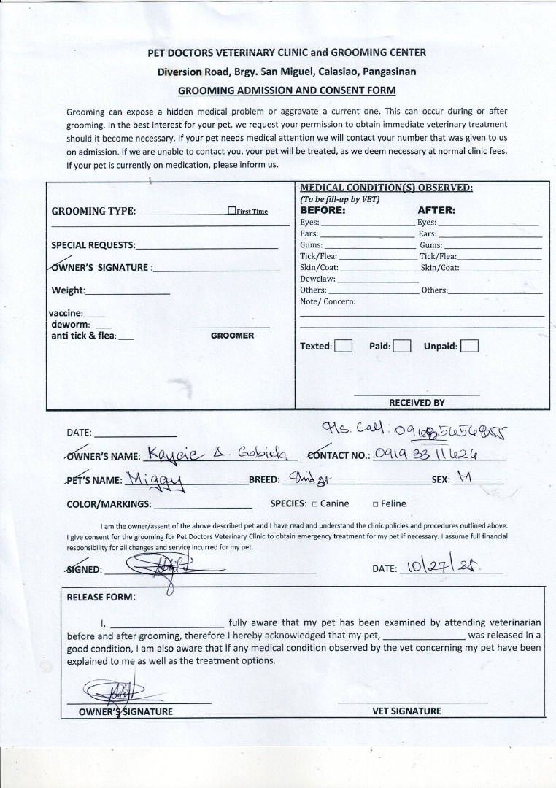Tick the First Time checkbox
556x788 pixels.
231,211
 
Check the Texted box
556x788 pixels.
344,346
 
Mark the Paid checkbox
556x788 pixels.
402,346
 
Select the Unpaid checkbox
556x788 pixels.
470,346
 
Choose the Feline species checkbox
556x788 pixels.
375,504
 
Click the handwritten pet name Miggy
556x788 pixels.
155,479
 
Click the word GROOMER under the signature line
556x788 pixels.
232,336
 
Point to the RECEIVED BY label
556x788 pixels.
417,403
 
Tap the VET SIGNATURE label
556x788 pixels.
406,711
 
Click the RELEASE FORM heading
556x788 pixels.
101,597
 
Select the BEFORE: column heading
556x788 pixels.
323,210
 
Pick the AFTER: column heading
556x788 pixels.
436,210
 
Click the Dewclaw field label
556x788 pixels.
317,279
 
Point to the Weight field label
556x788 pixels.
68,290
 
